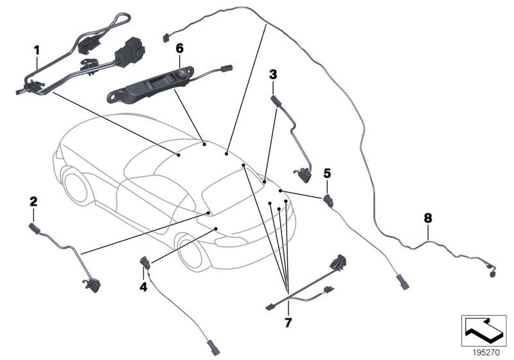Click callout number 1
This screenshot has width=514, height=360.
(x=37, y=49)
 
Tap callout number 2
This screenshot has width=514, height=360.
(x=33, y=201)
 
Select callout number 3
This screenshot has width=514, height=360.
(x=273, y=75)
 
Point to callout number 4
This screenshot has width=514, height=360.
(x=143, y=287)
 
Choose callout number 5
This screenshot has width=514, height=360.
(x=327, y=173)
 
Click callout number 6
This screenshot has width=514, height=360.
(x=179, y=48)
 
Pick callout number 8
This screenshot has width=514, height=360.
(x=428, y=218)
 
